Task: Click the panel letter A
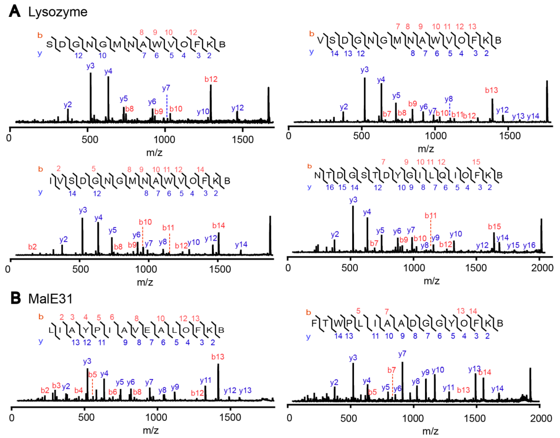[14, 12]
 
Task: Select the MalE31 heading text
[51, 299]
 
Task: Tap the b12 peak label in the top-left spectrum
[211, 79]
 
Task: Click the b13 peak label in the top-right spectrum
[491, 90]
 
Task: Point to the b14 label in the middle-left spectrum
[219, 226]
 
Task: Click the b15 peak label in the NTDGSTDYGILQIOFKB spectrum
[494, 227]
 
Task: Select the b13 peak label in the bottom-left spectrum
[218, 357]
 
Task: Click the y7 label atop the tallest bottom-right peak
[402, 354]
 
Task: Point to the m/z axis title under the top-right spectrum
[426, 149]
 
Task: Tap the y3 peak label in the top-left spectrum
[90, 66]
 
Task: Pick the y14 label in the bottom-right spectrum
[497, 389]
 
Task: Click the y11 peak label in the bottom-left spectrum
[206, 380]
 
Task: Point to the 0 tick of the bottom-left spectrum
[12, 418]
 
